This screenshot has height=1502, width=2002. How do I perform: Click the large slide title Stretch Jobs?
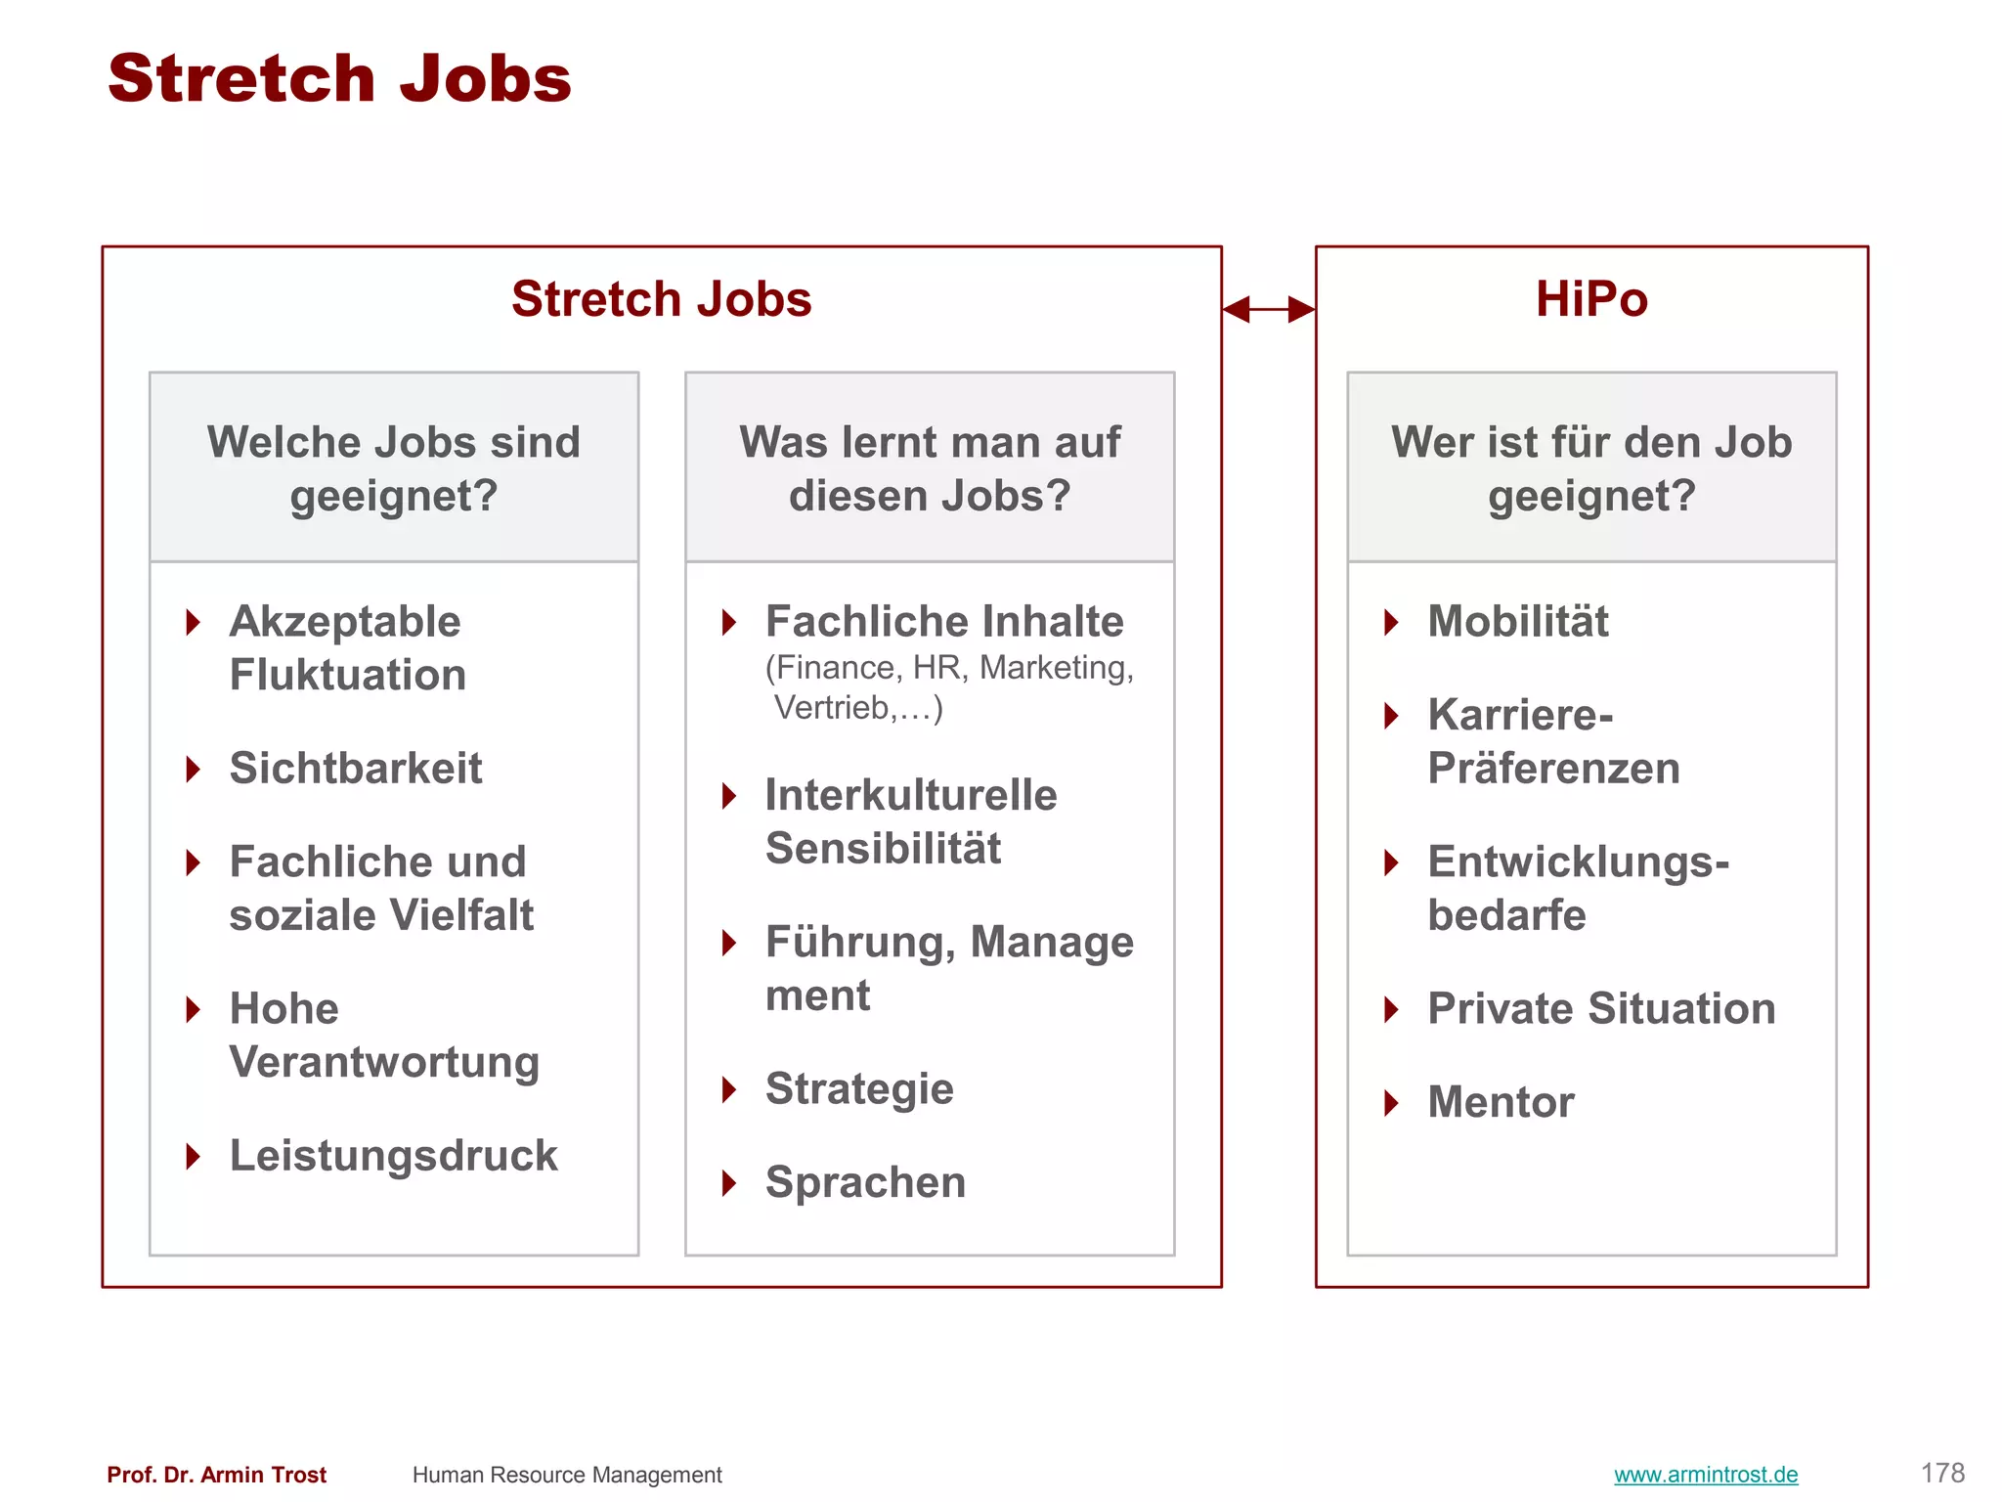click(x=339, y=78)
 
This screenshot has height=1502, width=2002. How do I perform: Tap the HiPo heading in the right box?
click(x=1590, y=299)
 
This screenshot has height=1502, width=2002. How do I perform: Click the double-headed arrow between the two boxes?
click(x=1268, y=309)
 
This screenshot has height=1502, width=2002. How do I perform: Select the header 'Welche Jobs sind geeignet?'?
click(x=394, y=468)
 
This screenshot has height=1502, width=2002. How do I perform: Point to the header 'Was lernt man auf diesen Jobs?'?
click(x=930, y=468)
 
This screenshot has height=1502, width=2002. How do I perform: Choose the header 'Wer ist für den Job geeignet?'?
click(x=1590, y=468)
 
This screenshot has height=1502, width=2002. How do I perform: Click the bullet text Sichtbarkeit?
click(x=356, y=769)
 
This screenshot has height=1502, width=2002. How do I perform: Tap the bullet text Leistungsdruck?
click(x=393, y=1156)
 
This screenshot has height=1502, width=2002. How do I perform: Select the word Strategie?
click(x=859, y=1089)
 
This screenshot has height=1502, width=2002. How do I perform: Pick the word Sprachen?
click(x=865, y=1182)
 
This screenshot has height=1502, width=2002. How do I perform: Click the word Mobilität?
click(x=1517, y=622)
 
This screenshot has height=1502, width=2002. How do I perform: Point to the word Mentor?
click(x=1501, y=1102)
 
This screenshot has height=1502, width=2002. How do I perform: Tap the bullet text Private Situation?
click(x=1601, y=1009)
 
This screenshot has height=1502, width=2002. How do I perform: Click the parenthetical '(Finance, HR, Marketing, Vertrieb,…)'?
click(x=948, y=687)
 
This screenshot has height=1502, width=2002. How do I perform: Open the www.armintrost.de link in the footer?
click(x=1705, y=1475)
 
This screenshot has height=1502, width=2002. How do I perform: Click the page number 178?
click(x=1941, y=1474)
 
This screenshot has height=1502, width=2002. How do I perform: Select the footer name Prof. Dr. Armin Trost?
click(x=216, y=1475)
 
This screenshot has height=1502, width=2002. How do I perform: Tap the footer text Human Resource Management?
click(x=567, y=1475)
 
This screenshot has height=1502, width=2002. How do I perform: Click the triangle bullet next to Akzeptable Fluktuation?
click(x=194, y=622)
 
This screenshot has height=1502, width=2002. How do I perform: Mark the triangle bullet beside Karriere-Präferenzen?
click(x=1392, y=716)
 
